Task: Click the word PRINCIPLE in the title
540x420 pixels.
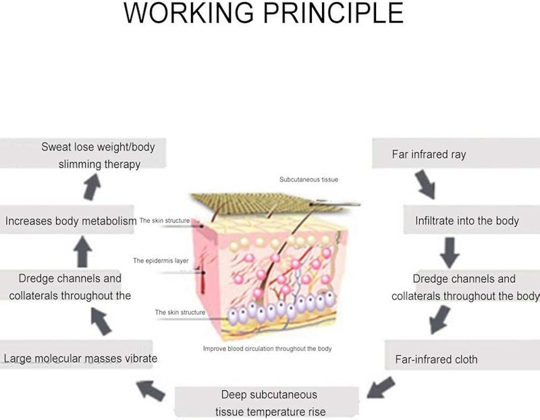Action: [333, 13]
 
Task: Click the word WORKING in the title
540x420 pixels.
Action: [189, 13]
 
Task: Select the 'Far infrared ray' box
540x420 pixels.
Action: [456, 153]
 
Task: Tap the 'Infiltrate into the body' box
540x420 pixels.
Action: [471, 220]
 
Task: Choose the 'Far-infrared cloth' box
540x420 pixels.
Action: [462, 355]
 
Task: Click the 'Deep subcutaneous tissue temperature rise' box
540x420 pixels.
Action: [267, 402]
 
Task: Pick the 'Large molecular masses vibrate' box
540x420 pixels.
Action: [76, 355]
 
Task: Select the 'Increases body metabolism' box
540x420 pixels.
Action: [67, 220]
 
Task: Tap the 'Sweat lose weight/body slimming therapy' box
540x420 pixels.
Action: [83, 153]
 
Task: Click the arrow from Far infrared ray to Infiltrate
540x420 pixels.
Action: [426, 184]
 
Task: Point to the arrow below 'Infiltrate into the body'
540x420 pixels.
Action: [450, 253]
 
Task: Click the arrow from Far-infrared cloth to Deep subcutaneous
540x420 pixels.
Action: [381, 388]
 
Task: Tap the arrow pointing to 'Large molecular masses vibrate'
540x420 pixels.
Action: [151, 391]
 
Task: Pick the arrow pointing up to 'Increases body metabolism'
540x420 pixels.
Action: [82, 252]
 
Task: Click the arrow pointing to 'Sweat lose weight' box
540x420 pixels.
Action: [92, 187]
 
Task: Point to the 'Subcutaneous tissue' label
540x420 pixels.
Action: [308, 180]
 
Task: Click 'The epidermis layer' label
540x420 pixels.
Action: [161, 261]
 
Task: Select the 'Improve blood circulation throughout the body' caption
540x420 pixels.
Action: [267, 348]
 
